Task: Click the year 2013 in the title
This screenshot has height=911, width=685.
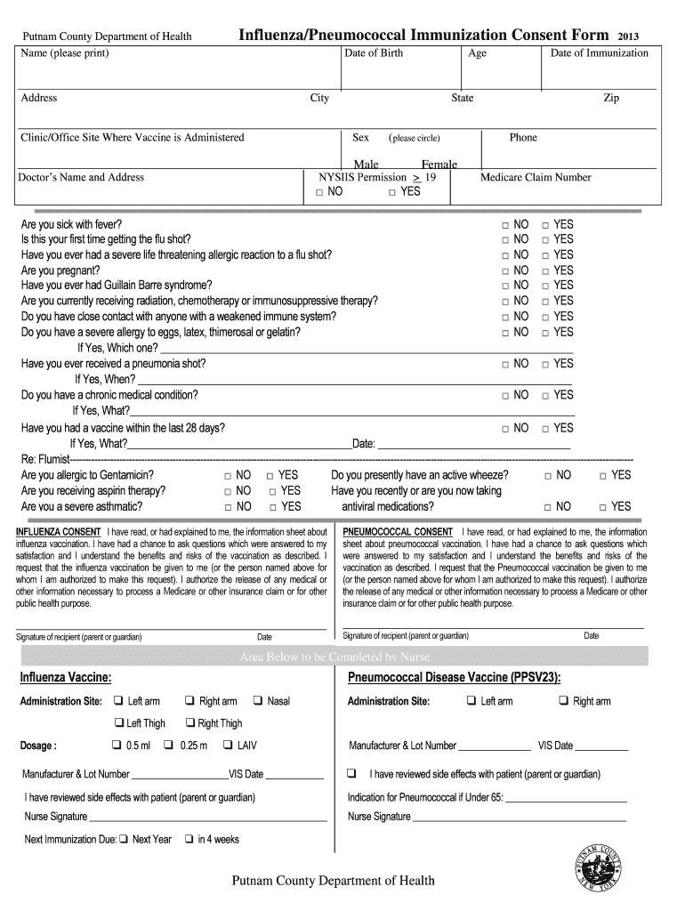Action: [627, 36]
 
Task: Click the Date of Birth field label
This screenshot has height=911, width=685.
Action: [373, 53]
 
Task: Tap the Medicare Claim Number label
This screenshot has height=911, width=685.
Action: [536, 177]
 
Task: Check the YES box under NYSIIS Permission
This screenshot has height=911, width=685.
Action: [392, 192]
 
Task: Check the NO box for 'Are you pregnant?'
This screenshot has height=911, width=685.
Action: [505, 270]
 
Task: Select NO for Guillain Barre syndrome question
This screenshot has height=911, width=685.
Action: [505, 286]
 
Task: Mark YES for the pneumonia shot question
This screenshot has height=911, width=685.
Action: [546, 364]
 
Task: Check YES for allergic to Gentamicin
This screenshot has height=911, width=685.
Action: [270, 476]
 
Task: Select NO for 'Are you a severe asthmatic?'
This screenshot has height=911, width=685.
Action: [229, 507]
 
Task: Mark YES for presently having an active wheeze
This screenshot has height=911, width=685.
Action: [602, 476]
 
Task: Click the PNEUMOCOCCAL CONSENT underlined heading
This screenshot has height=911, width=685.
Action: [398, 532]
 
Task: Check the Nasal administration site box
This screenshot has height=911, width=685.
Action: [259, 701]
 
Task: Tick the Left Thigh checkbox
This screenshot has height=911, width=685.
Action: [117, 722]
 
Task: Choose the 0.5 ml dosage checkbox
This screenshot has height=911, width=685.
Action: [117, 745]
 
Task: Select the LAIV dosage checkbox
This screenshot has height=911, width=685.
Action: [228, 745]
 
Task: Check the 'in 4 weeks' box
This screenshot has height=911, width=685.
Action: [189, 839]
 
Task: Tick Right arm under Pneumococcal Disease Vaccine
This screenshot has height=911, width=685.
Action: [563, 701]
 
